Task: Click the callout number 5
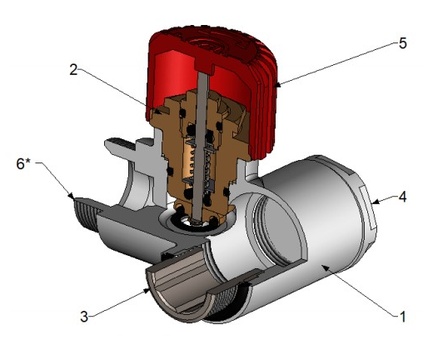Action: click(403, 44)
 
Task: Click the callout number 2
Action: click(73, 69)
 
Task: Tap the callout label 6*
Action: click(23, 163)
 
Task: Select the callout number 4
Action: click(402, 197)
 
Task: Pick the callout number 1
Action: click(402, 317)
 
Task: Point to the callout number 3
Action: click(84, 317)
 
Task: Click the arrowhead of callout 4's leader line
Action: click(374, 202)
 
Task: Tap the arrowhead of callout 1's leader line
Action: click(325, 267)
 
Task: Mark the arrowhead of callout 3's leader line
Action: click(147, 290)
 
